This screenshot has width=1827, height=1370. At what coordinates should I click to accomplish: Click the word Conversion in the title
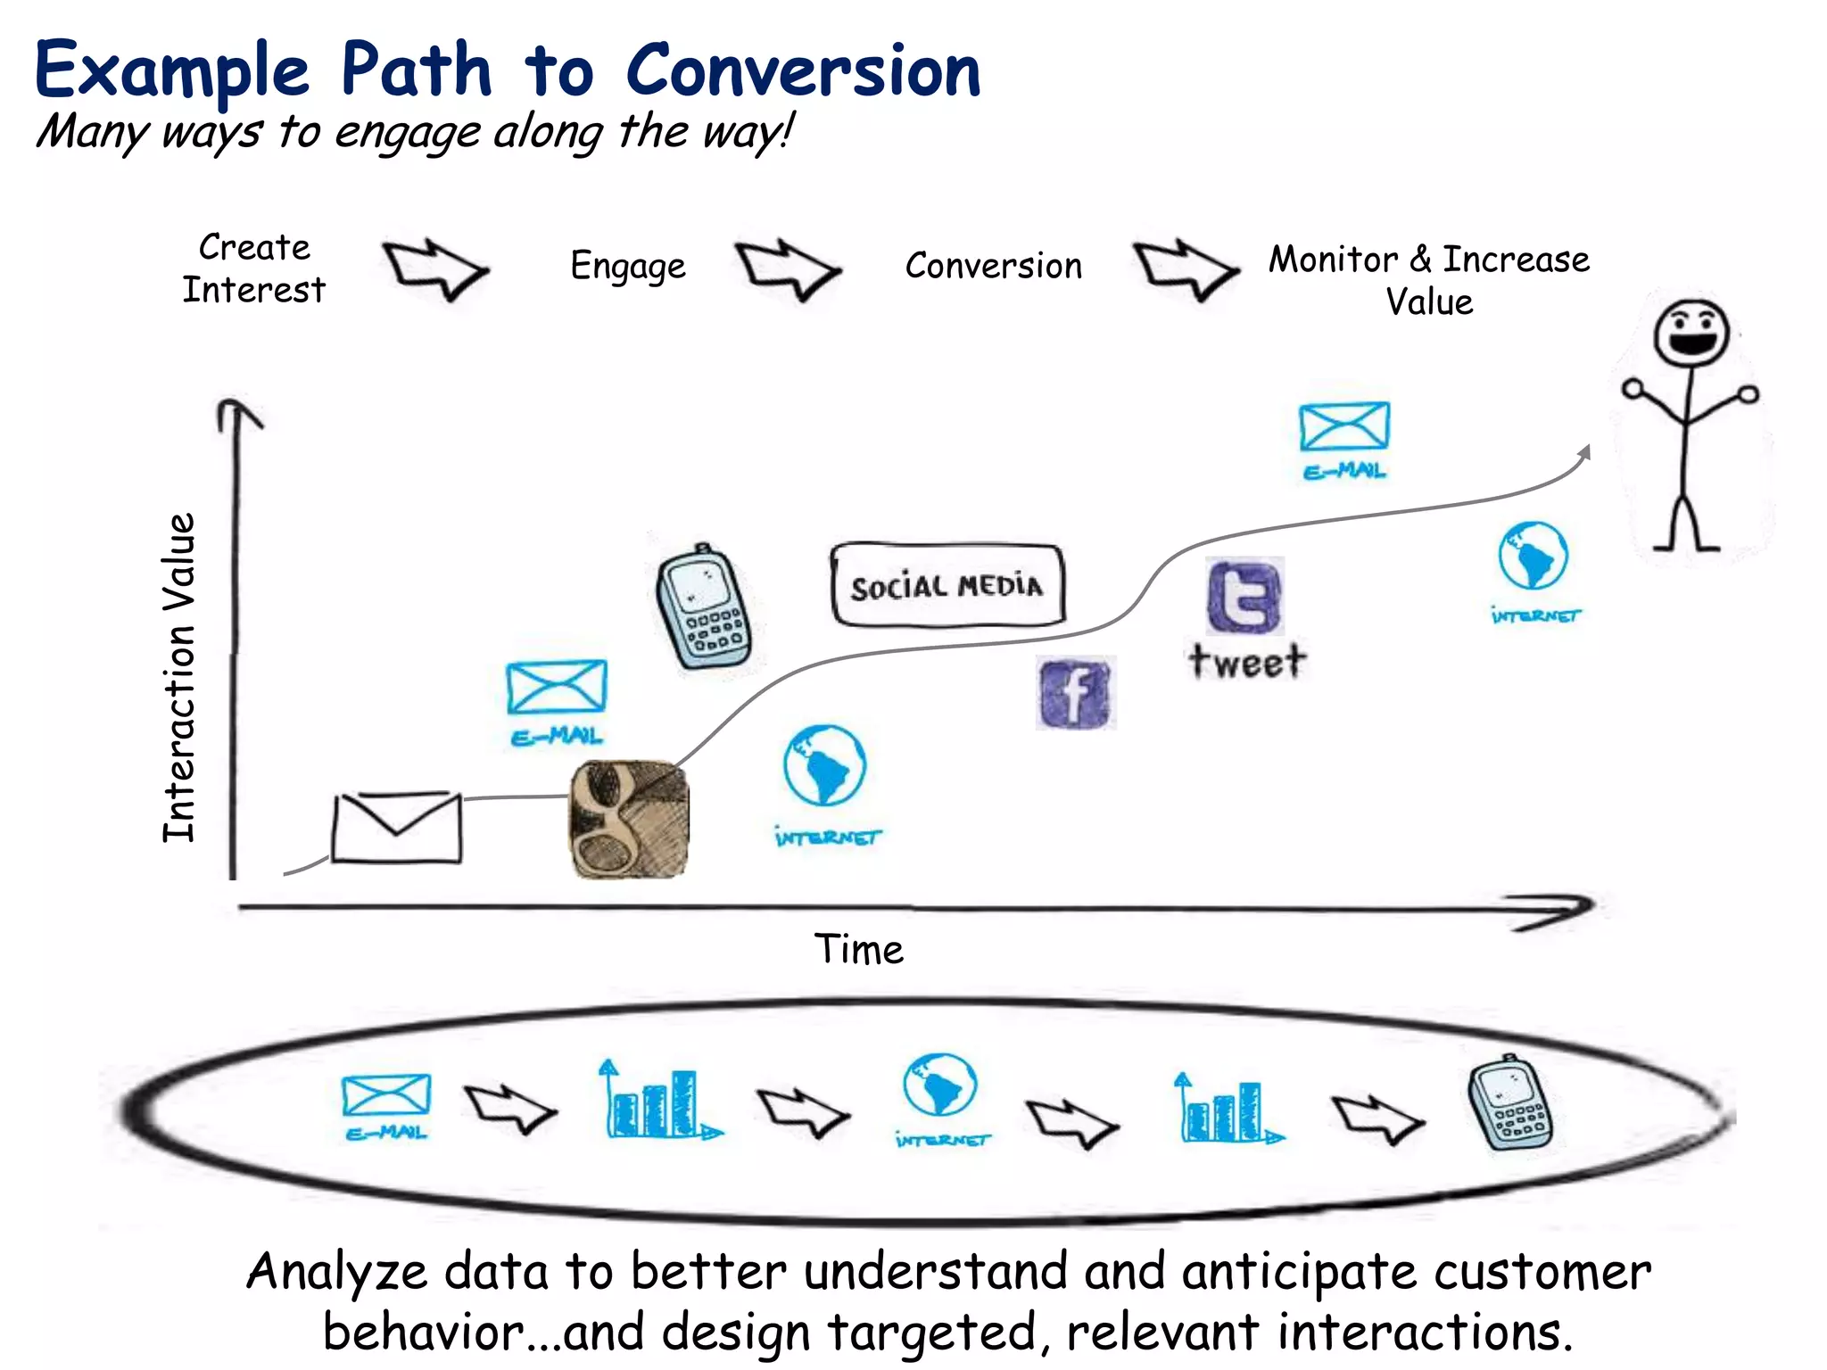point(803,71)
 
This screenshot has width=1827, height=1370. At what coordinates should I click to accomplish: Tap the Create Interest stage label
point(254,268)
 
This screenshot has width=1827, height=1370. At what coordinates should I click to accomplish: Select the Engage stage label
point(628,266)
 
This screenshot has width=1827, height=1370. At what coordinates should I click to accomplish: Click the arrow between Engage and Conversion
point(788,268)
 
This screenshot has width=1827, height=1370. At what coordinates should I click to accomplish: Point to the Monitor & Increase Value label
point(1429,280)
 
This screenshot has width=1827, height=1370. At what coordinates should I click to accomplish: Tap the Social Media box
point(947,585)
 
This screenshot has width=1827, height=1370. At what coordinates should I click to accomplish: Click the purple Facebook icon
point(1076,694)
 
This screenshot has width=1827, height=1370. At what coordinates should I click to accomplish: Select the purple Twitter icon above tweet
point(1244,597)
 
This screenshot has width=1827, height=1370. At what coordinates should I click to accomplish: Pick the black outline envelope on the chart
point(397,827)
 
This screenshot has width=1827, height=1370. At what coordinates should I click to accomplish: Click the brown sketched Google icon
point(630,819)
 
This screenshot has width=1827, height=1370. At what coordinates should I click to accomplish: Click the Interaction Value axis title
point(179,678)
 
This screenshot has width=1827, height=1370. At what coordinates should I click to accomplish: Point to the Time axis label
point(858,950)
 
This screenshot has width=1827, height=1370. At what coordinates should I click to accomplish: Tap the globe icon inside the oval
point(940,1086)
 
